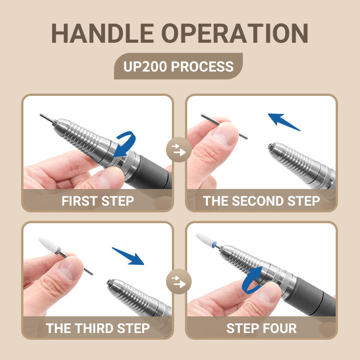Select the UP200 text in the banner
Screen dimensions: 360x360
click(x=145, y=67)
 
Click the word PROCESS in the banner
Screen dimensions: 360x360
click(x=202, y=67)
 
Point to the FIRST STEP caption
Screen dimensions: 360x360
click(x=98, y=201)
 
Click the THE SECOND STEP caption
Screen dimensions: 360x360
click(x=261, y=201)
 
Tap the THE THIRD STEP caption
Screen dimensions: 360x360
click(x=98, y=328)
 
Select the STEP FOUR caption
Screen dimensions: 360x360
click(x=261, y=328)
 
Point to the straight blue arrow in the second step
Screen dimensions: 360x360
click(x=283, y=121)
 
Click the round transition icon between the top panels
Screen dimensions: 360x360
click(x=179, y=149)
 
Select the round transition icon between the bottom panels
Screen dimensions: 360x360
click(x=179, y=281)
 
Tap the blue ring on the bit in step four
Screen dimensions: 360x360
click(x=214, y=245)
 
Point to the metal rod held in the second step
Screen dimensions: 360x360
click(x=224, y=126)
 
